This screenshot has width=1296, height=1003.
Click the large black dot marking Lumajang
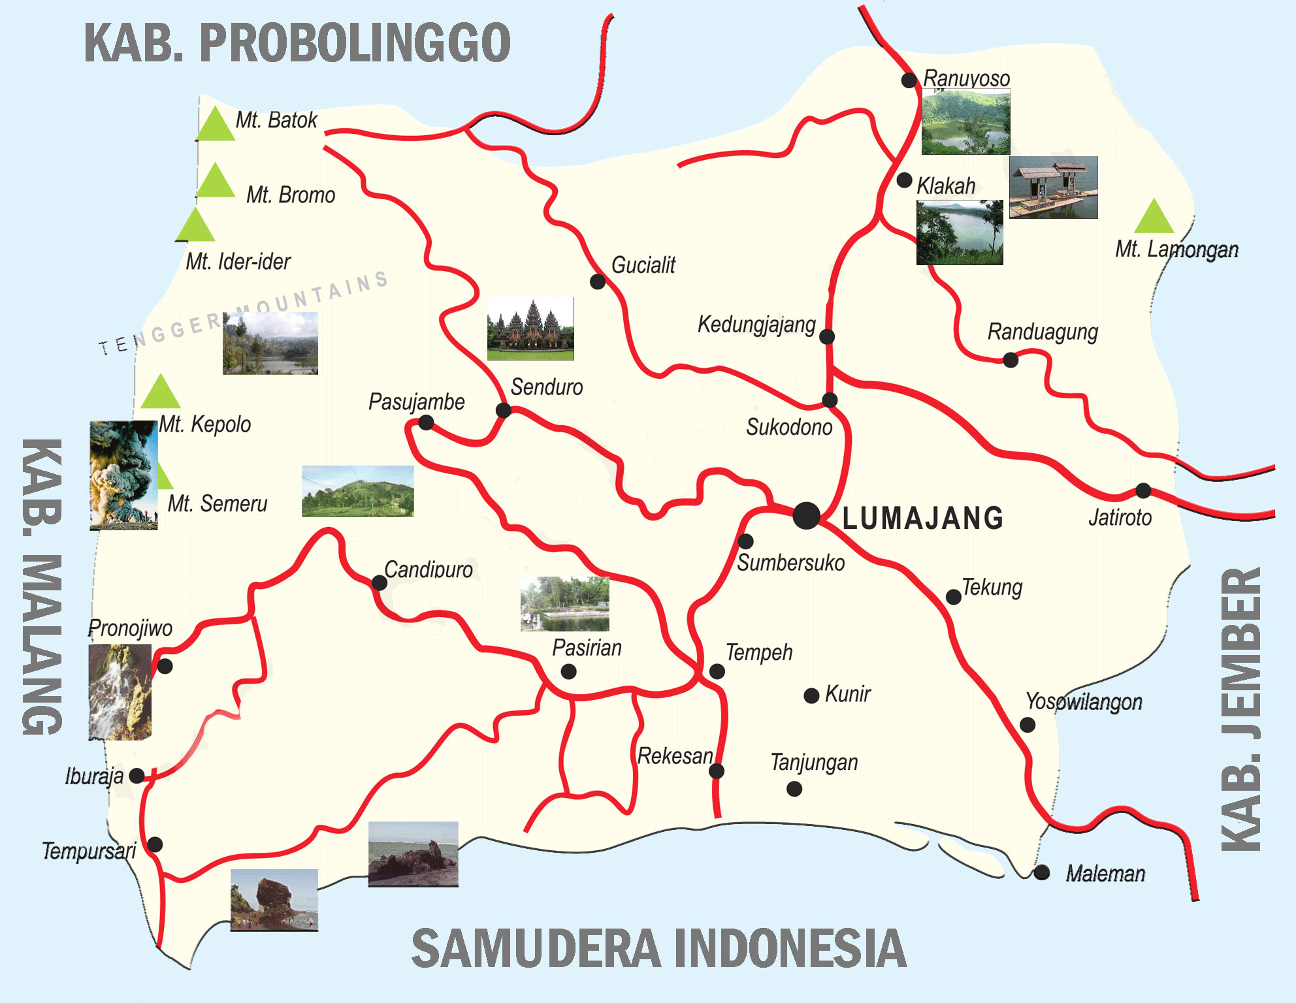807,516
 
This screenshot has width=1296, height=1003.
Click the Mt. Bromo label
291,195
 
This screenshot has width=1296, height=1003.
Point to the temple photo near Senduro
530,328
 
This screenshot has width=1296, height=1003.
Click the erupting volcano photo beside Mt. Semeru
123,475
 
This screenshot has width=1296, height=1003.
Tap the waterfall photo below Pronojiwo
120,692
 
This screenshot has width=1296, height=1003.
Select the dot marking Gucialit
597,281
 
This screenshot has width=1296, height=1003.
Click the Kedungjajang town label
756,324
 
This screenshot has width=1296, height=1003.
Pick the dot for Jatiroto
1143,490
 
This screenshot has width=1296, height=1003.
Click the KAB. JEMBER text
1241,709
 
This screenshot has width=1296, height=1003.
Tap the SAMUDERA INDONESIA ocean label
658,948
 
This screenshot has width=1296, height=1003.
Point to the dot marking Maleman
1042,872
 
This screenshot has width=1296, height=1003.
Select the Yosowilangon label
1084,701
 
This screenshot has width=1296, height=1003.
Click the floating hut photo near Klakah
1053,187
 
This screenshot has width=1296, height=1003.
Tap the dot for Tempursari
155,844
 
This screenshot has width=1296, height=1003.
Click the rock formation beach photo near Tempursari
274,899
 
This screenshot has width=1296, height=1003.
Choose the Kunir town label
847,693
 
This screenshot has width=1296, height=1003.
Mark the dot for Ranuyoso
909,80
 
